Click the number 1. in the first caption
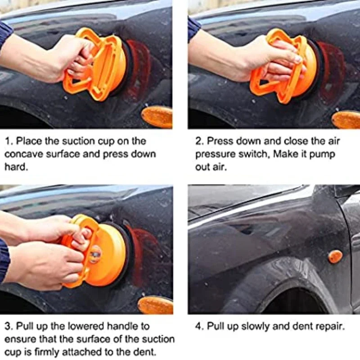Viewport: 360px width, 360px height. click(9, 141)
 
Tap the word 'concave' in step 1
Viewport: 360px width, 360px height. click(24, 154)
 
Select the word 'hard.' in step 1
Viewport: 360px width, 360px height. click(16, 167)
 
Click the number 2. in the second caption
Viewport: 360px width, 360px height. click(199, 141)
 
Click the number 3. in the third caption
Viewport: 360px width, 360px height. click(9, 326)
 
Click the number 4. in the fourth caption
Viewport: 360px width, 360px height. click(199, 326)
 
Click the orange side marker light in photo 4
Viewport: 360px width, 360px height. click(335, 256)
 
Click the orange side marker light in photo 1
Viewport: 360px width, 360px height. click(157, 117)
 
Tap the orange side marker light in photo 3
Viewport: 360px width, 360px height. click(156, 305)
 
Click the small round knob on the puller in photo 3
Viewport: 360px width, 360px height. click(95, 254)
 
